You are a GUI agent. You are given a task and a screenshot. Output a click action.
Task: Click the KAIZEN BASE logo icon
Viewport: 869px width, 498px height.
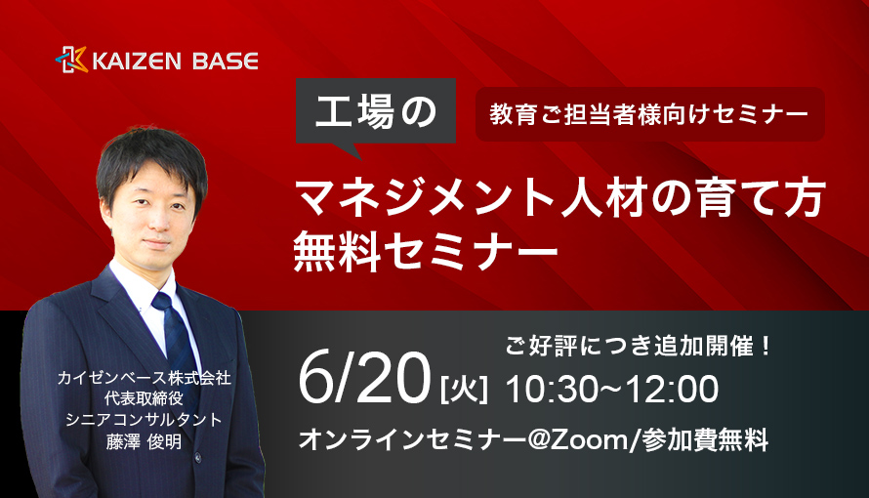pos(71,60)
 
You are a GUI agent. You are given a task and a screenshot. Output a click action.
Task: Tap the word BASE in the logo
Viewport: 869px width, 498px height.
pos(218,61)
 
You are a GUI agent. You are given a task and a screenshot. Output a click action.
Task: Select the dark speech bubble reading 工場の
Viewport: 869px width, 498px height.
pos(376,112)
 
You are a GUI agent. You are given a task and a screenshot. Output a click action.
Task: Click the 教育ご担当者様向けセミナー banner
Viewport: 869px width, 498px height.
pos(650,114)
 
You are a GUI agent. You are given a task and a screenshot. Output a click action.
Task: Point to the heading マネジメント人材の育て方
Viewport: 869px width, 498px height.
pos(559,198)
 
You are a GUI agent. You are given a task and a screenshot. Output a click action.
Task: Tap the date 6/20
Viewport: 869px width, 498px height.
pos(364,378)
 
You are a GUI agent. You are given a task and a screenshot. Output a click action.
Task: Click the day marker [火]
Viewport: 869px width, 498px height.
pos(465,389)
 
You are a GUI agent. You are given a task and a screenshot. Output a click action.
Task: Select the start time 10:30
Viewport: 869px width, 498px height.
pos(549,389)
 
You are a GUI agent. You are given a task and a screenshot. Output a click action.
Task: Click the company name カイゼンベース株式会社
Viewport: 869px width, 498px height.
pos(145,378)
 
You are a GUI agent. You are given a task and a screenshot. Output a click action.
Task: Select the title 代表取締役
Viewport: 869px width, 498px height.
pos(145,398)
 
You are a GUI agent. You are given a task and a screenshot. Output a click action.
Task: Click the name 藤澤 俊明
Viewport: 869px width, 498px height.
pos(145,441)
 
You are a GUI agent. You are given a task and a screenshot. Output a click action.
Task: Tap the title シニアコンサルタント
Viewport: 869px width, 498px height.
pos(145,420)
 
